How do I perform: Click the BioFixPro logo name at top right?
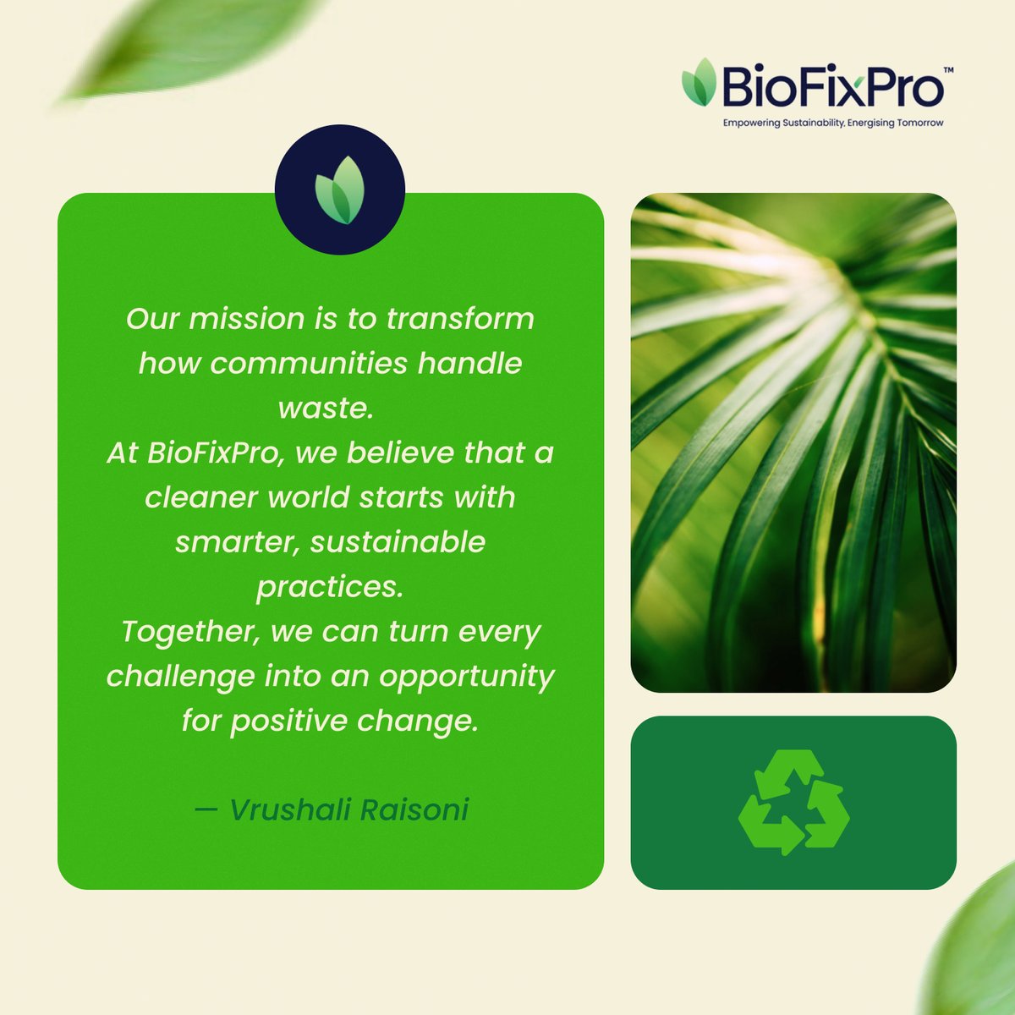point(831,88)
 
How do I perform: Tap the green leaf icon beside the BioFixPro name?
point(700,82)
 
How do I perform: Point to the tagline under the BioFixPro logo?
point(832,123)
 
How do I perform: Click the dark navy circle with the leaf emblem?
point(340,189)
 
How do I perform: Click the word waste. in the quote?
point(326,409)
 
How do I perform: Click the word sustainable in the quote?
point(398,542)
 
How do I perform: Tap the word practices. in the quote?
point(329,587)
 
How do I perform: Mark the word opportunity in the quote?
point(466,677)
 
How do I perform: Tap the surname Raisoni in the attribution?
point(414,810)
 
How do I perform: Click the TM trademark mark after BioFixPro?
point(948,71)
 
